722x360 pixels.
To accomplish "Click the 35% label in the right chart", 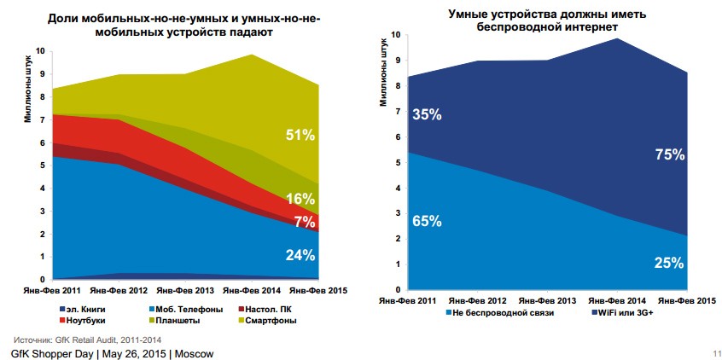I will (x=427, y=115).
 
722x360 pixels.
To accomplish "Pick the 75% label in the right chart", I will (x=668, y=154).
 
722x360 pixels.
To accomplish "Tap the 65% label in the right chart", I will (x=427, y=221).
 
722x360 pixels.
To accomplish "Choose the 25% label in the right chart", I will (x=668, y=262).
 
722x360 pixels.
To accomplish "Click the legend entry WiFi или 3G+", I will (x=625, y=313).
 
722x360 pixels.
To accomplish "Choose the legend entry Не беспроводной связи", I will (x=502, y=313).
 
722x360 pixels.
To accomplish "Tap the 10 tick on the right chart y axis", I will (x=395, y=35).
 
